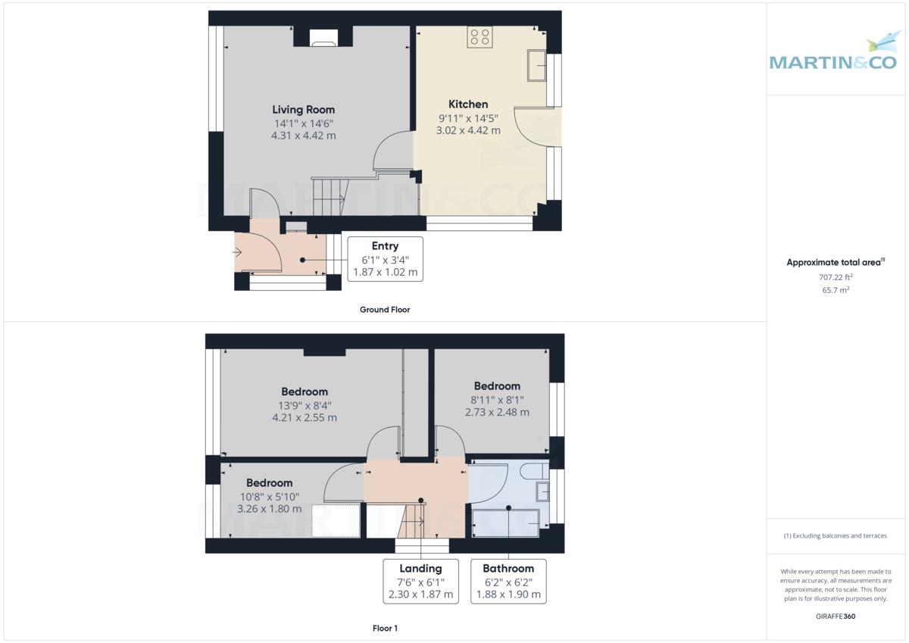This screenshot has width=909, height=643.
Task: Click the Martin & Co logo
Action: [834, 55]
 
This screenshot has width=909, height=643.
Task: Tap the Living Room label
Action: [303, 110]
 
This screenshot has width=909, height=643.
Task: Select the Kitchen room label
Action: [468, 104]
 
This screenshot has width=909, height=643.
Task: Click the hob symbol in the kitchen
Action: [479, 36]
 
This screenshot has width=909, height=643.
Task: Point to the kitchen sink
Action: [539, 65]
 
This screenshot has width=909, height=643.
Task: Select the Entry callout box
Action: [385, 259]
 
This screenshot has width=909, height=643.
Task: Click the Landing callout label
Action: [420, 568]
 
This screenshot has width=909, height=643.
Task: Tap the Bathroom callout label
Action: [508, 568]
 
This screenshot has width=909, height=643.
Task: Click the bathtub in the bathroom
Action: [505, 523]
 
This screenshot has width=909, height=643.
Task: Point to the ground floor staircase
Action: [329, 195]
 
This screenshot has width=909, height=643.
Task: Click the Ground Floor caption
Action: [385, 310]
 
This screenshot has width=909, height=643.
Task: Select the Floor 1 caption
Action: [385, 628]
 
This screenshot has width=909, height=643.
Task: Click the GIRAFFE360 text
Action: [836, 616]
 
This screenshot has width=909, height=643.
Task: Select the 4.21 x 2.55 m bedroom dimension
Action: [305, 417]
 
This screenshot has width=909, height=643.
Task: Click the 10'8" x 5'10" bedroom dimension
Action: [269, 497]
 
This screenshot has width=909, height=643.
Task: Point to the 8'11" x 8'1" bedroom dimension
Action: [497, 400]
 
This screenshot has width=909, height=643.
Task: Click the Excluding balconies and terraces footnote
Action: [836, 535]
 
